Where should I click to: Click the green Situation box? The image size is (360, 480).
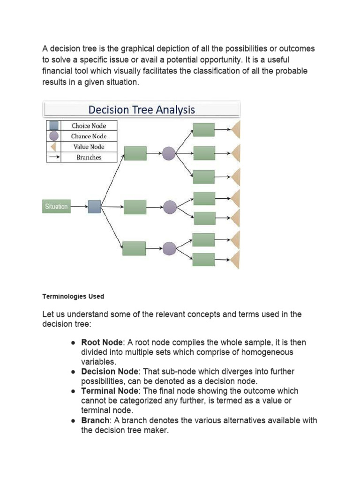pyautogui.click(x=56, y=206)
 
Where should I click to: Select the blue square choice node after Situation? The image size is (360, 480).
pyautogui.click(x=94, y=207)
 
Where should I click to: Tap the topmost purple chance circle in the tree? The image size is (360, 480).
pyautogui.click(x=169, y=153)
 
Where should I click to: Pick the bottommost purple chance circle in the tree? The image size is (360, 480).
pyautogui.click(x=169, y=248)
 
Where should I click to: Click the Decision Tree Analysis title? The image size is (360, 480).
pyautogui.click(x=142, y=110)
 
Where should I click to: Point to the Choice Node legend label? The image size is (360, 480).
pyautogui.click(x=89, y=126)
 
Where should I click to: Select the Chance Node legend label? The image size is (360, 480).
pyautogui.click(x=89, y=136)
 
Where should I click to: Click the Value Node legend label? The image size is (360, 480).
pyautogui.click(x=89, y=147)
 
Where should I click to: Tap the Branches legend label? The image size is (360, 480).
pyautogui.click(x=89, y=157)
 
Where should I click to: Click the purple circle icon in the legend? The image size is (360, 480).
pyautogui.click(x=54, y=136)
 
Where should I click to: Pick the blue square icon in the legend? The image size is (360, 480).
pyautogui.click(x=54, y=126)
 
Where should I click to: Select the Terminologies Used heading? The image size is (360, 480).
pyautogui.click(x=73, y=297)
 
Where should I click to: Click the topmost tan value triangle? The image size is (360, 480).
pyautogui.click(x=236, y=130)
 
